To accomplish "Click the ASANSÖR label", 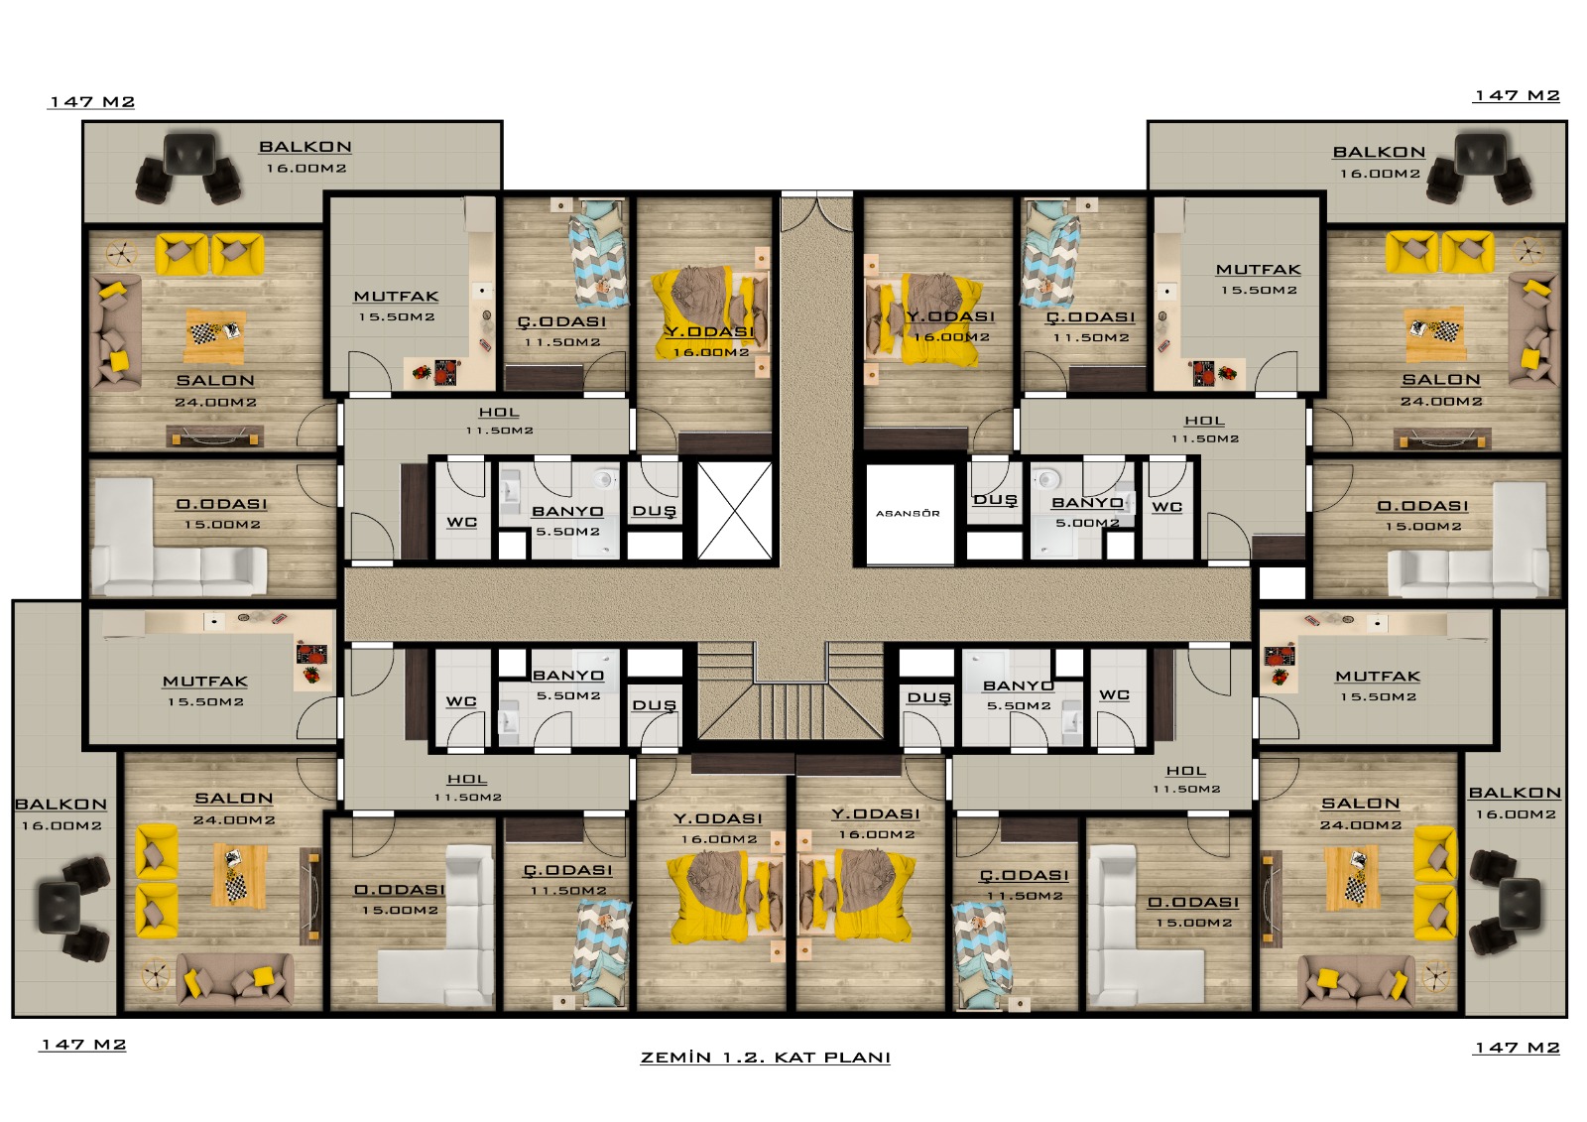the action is pyautogui.click(x=908, y=513).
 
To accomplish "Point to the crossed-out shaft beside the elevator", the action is pyautogui.click(x=735, y=510).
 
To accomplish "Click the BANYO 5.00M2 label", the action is pyautogui.click(x=1087, y=512).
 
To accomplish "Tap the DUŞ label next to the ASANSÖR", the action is pyautogui.click(x=996, y=500).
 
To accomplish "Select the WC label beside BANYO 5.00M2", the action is pyautogui.click(x=1166, y=507).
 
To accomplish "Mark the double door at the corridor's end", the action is pyautogui.click(x=817, y=211).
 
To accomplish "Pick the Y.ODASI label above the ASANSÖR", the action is pyautogui.click(x=951, y=316).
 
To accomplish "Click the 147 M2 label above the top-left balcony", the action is pyautogui.click(x=91, y=102).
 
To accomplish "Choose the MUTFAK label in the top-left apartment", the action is pyautogui.click(x=396, y=297).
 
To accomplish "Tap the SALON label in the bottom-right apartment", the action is pyautogui.click(x=1360, y=803).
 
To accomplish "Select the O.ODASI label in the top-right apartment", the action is pyautogui.click(x=1422, y=506).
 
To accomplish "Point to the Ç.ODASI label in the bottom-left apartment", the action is pyautogui.click(x=568, y=870).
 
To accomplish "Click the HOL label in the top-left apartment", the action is pyautogui.click(x=499, y=413).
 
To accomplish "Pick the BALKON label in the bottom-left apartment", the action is pyautogui.click(x=61, y=805).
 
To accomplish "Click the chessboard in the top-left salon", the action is pyautogui.click(x=204, y=333).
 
